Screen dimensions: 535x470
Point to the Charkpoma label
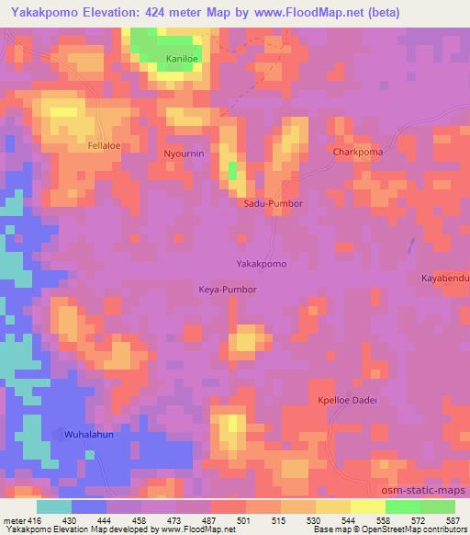point(358,152)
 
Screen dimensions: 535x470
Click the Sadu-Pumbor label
point(273,203)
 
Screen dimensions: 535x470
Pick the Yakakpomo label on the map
point(262,264)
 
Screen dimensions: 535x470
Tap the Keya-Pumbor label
point(228,289)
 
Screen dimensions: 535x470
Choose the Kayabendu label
point(444,278)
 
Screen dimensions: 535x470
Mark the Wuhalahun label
point(88,433)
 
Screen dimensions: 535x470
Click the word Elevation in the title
point(100,14)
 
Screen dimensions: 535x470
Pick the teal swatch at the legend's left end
point(53,506)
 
